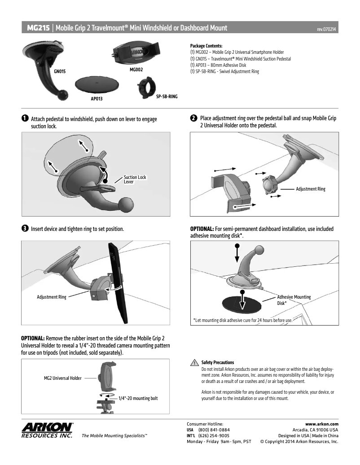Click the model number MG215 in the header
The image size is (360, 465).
pyautogui.click(x=38, y=28)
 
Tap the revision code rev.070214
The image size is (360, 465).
pyautogui.click(x=327, y=29)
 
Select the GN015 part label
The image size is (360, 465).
pyautogui.click(x=60, y=71)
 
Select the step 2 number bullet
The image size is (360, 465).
pyautogui.click(x=193, y=118)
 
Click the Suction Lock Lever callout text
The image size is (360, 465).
pyautogui.click(x=135, y=179)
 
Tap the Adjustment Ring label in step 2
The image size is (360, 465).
pyautogui.click(x=310, y=189)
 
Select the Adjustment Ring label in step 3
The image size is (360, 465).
pyautogui.click(x=51, y=297)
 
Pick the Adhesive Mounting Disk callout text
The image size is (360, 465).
pyautogui.click(x=294, y=300)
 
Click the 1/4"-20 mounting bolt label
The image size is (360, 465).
pyautogui.click(x=138, y=398)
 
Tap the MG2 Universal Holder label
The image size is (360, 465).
pyautogui.click(x=62, y=378)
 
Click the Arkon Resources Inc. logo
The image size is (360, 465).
pyautogui.click(x=47, y=430)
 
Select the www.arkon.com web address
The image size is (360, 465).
pyautogui.click(x=321, y=423)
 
